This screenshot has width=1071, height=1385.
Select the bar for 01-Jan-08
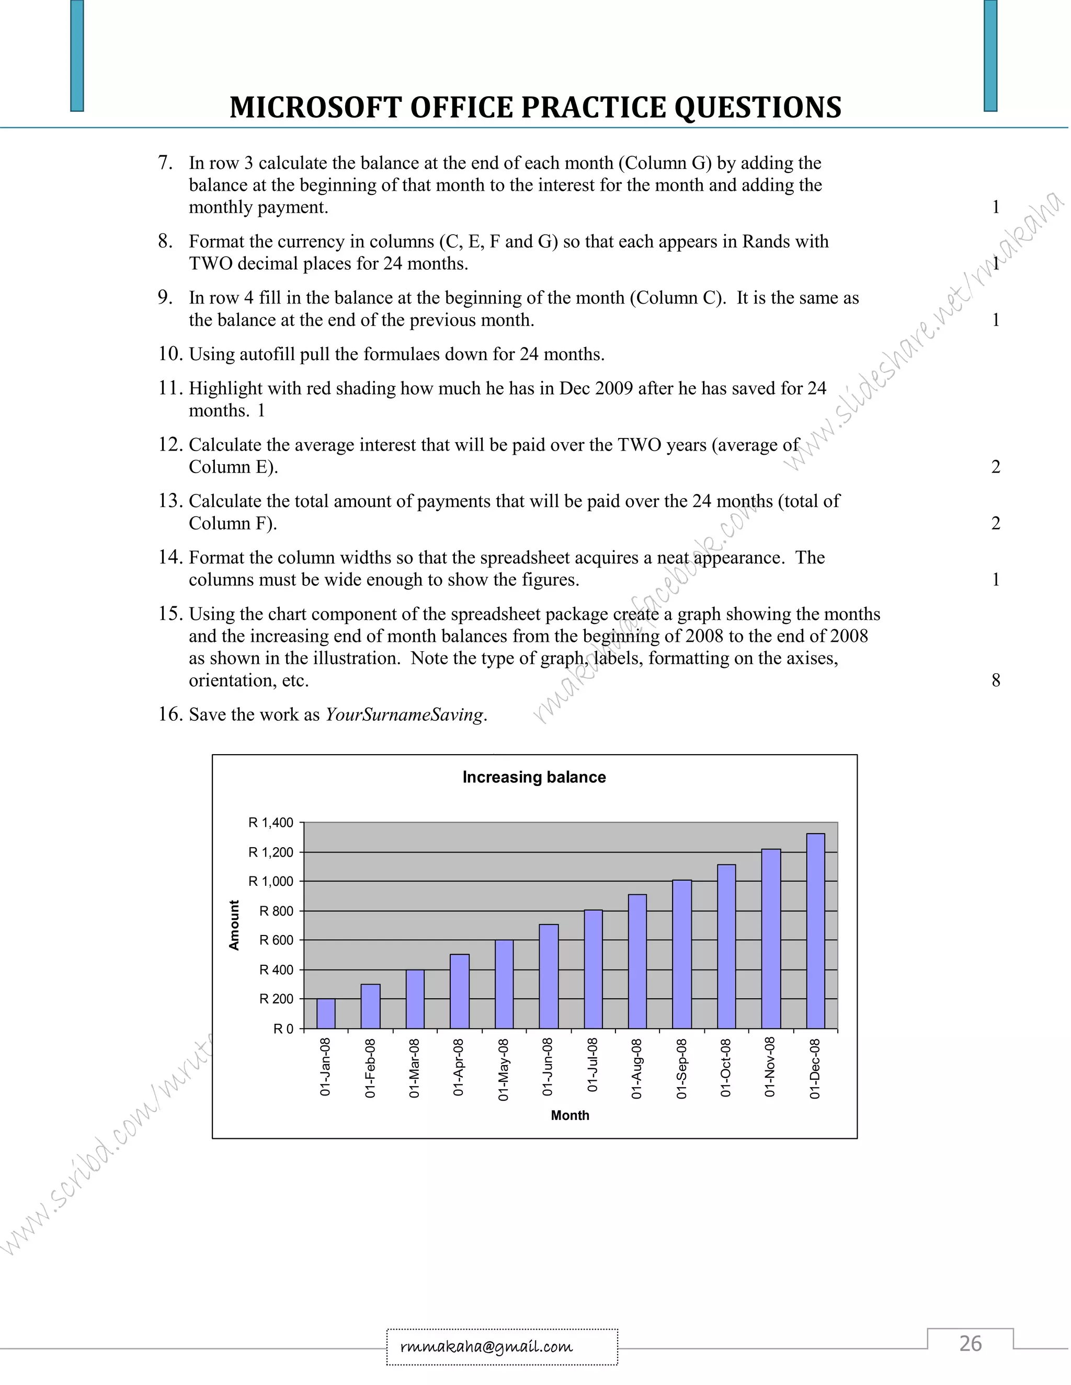point(325,1013)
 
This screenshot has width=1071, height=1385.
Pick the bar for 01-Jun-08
point(548,977)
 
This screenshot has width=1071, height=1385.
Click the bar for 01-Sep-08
point(682,954)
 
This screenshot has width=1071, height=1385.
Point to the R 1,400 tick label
point(271,823)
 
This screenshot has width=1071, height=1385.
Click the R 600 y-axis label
point(276,940)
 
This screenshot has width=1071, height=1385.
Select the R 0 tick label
point(283,1029)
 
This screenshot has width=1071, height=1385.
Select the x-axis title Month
point(570,1115)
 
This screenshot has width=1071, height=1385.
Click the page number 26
point(970,1343)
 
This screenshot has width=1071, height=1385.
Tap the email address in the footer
point(487,1346)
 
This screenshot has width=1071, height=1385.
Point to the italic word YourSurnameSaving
point(404,714)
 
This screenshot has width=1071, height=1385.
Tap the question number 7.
point(165,163)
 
